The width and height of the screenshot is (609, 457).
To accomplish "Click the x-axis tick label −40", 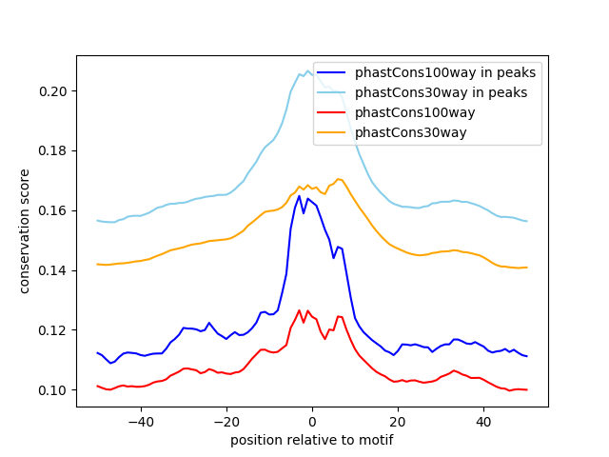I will [140, 421].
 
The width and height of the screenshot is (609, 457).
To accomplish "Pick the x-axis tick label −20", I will [226, 421].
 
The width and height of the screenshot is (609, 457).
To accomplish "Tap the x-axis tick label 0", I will [312, 421].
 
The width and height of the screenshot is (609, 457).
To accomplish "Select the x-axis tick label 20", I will [398, 421].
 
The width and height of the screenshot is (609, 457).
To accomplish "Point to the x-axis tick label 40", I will [483, 421].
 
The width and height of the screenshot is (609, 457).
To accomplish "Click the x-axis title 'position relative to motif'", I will [312, 440].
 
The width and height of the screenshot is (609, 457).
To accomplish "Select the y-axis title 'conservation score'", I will [26, 231].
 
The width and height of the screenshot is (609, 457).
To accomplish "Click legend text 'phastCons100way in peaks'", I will [445, 72].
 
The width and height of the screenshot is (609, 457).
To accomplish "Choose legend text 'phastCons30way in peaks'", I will [442, 92].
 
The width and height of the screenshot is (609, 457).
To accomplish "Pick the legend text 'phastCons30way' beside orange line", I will [411, 132].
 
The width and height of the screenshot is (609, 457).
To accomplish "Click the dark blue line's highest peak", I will [299, 196].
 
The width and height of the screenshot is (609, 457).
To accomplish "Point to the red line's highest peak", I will [299, 309].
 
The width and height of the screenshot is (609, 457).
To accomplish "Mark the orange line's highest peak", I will [338, 179].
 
